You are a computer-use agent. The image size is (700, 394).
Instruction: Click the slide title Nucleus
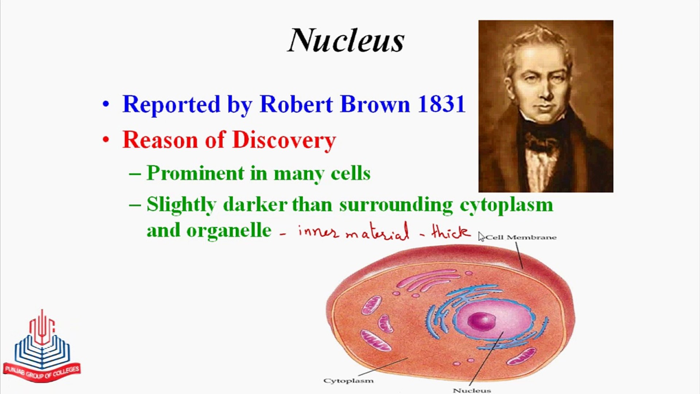[x=346, y=40]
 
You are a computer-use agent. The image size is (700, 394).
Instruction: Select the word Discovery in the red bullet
[x=284, y=140]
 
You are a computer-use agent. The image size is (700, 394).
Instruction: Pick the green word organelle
[x=229, y=231]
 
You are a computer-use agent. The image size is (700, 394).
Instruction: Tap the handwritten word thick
[x=451, y=232]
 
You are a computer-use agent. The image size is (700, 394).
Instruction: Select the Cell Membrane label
[x=521, y=237]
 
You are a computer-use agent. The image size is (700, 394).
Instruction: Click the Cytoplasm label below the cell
[x=349, y=381]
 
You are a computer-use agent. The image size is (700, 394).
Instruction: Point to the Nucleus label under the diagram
[x=472, y=390]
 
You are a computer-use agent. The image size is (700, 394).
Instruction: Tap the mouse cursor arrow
[x=481, y=236]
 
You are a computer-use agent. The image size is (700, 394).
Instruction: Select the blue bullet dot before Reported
[x=106, y=104]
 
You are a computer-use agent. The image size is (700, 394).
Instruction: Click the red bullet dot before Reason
[x=106, y=140]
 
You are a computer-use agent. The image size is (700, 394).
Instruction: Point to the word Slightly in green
[x=181, y=205]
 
